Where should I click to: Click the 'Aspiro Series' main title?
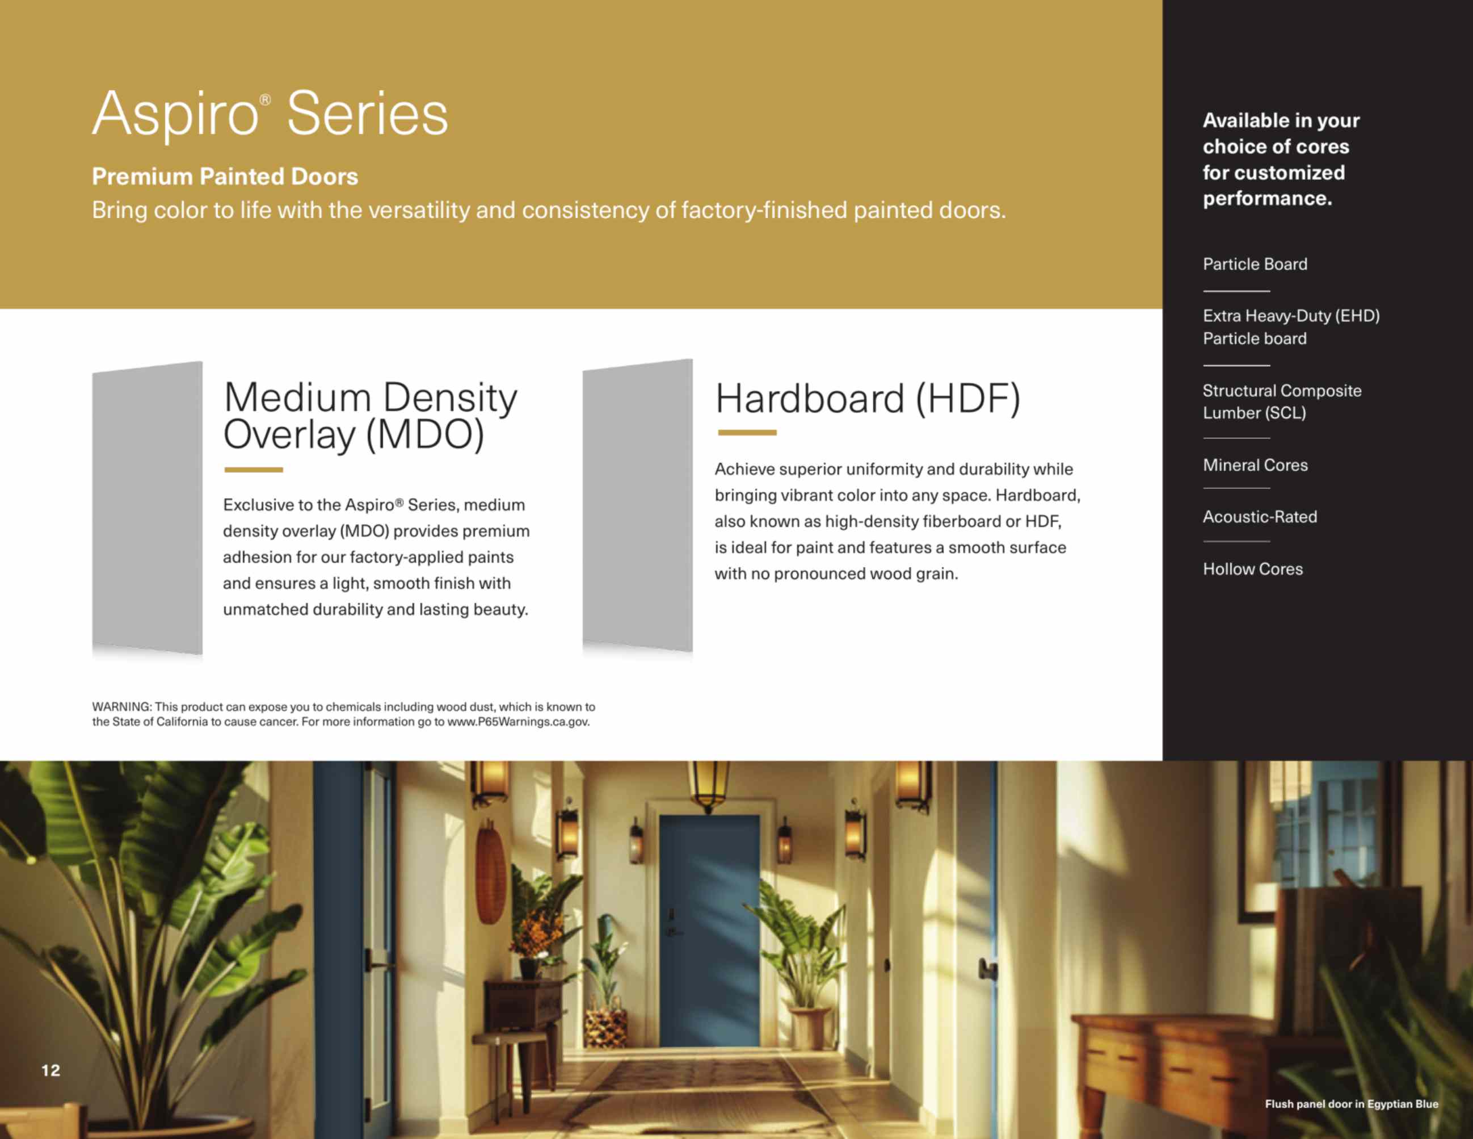pos(270,115)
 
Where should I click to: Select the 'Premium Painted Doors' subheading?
pos(225,176)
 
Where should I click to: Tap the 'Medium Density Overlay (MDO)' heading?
pos(371,416)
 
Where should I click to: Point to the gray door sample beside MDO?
pos(147,508)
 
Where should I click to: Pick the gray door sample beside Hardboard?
pos(637,505)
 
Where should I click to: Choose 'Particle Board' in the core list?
pos(1255,264)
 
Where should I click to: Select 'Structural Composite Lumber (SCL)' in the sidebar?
pos(1281,401)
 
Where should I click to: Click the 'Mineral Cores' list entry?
pos(1255,465)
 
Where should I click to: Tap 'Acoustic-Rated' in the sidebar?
pos(1260,517)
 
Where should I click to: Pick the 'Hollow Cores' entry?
pos(1252,569)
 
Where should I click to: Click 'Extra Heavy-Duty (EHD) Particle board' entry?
pos(1291,327)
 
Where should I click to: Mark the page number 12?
pos(50,1070)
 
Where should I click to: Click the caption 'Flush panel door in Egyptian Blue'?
pos(1352,1104)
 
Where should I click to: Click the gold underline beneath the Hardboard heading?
pos(747,433)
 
